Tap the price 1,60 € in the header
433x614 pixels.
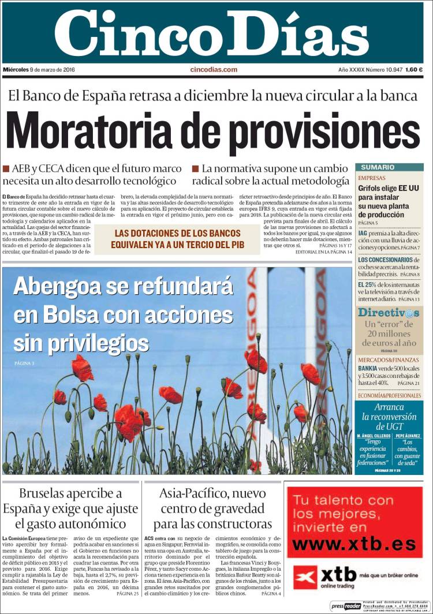[413, 70]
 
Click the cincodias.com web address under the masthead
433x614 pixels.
[214, 70]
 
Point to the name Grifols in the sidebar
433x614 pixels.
[372, 188]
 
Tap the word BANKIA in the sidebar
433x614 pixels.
[368, 368]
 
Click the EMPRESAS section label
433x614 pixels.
[372, 178]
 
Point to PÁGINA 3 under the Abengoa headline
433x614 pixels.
[24, 363]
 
